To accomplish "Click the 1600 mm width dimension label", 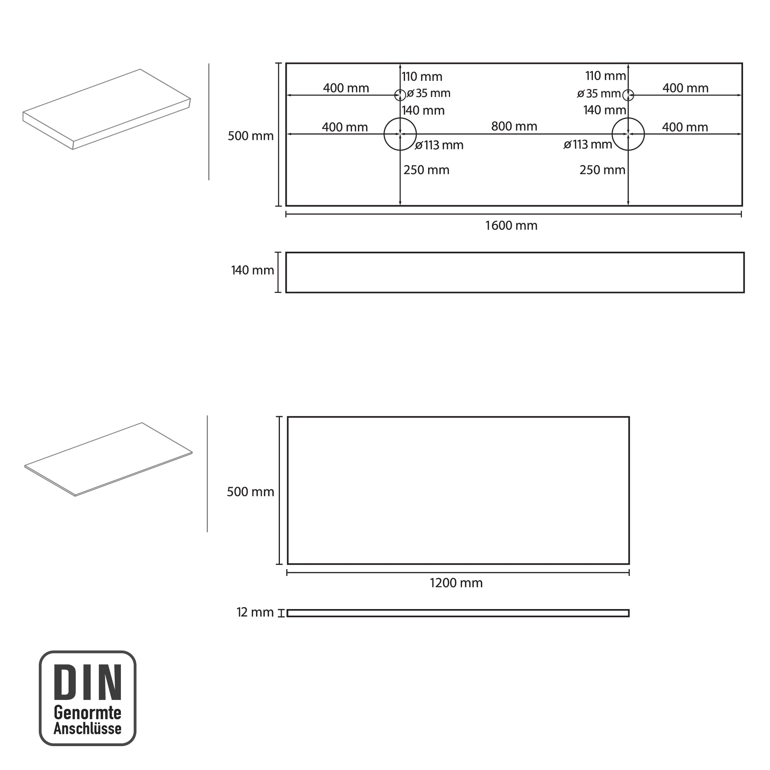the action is (511, 226).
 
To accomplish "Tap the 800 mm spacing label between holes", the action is (514, 126).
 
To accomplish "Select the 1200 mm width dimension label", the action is (456, 583).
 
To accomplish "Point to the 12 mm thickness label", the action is (255, 612).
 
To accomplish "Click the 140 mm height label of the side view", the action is (253, 270).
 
